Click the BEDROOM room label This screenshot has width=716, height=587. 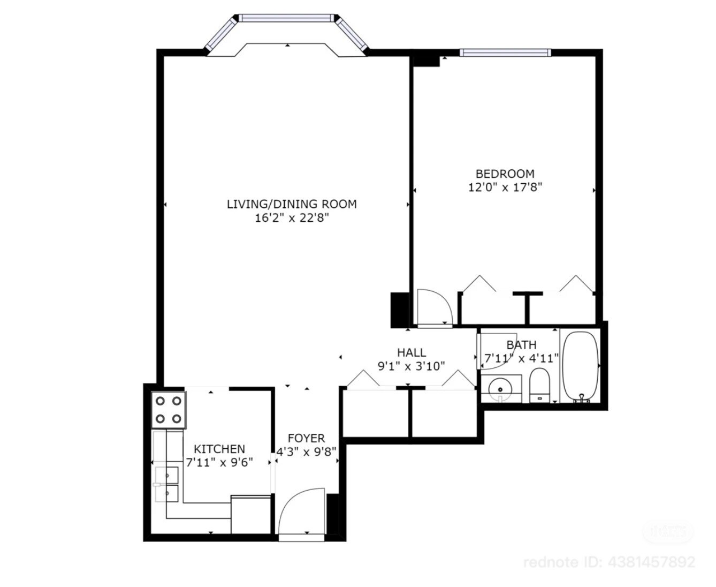tap(505, 174)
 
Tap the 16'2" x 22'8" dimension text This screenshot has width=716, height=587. tap(292, 218)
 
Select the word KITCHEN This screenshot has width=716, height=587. tap(219, 449)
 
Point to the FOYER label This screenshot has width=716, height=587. tap(306, 438)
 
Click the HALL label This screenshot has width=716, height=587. tap(412, 352)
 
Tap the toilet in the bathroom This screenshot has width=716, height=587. tap(539, 385)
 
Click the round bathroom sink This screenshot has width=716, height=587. tap(500, 389)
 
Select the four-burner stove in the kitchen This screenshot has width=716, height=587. tap(169, 410)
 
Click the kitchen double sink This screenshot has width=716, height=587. tap(167, 484)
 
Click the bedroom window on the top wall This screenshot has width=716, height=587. tap(505, 52)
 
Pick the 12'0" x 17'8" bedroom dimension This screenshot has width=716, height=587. tap(505, 187)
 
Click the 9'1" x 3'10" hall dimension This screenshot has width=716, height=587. tap(411, 366)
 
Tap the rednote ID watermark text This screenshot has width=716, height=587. tap(609, 562)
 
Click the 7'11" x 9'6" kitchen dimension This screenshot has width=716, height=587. tap(219, 463)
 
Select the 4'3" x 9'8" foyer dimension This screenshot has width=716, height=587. tap(307, 451)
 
